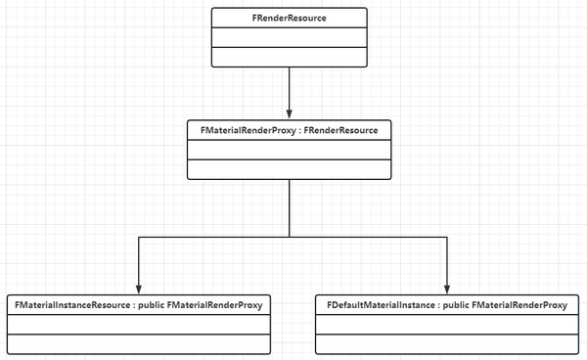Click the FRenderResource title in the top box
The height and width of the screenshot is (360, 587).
(290, 18)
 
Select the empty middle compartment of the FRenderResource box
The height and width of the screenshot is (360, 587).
(290, 37)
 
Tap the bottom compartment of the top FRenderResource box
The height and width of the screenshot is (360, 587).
(290, 56)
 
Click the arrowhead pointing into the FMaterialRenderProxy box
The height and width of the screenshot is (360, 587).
(290, 113)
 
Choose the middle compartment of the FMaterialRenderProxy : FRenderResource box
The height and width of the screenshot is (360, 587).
(290, 151)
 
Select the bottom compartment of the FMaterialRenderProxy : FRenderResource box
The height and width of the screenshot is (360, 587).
(290, 170)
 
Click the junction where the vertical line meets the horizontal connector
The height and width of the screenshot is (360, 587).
(290, 237)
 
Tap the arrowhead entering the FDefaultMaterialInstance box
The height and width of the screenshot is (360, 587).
(446, 289)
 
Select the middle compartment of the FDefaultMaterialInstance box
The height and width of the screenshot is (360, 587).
(446, 325)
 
